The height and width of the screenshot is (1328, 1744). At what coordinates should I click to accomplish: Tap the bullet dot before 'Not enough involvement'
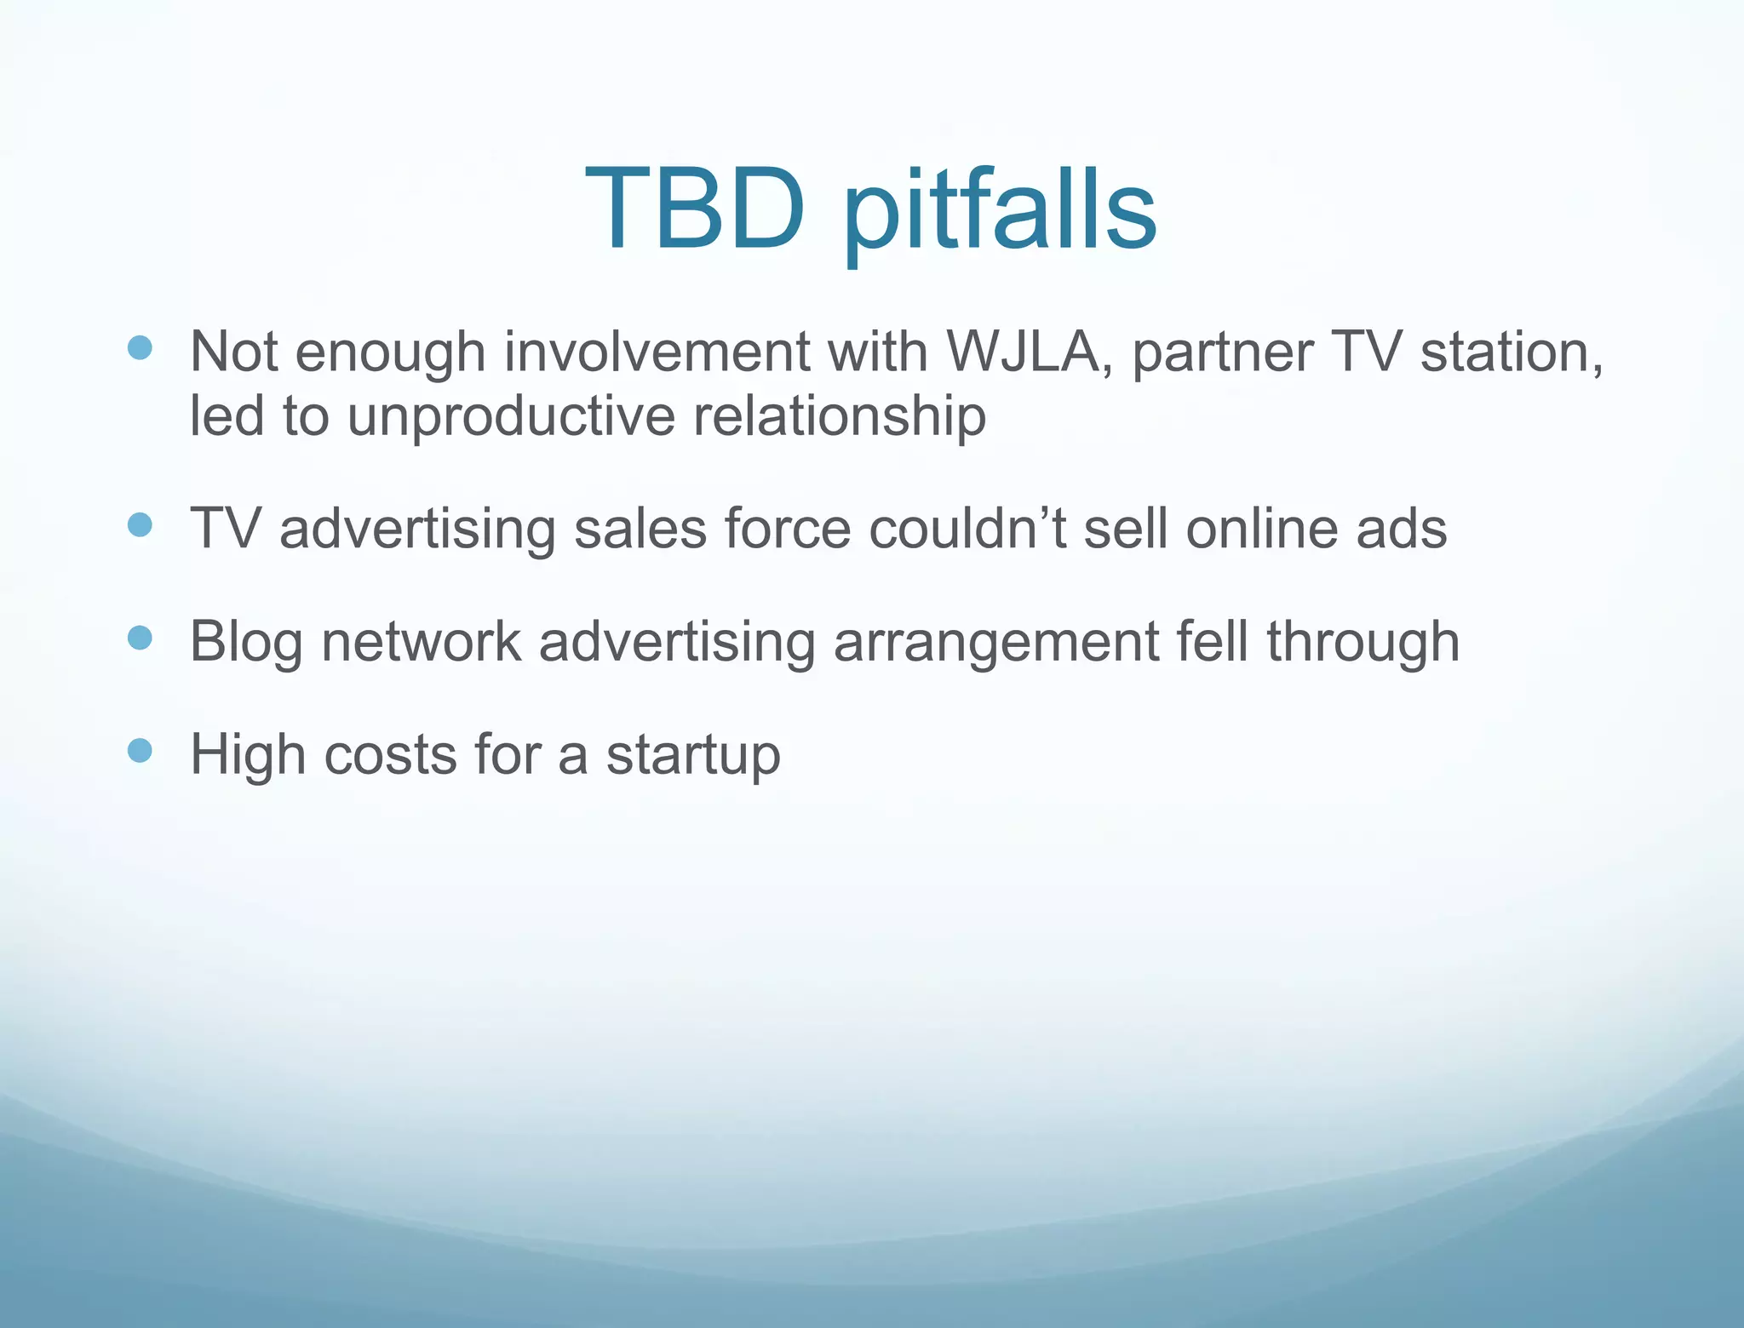point(140,347)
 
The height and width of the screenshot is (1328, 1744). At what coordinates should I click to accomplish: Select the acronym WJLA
point(1024,352)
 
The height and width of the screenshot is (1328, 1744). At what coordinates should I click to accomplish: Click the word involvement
point(657,352)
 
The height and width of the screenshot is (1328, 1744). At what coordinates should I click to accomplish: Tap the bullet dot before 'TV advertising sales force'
point(140,525)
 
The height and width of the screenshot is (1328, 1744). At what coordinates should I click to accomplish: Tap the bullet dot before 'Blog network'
point(140,638)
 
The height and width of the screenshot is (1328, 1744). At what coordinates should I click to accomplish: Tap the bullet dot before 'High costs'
point(140,751)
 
